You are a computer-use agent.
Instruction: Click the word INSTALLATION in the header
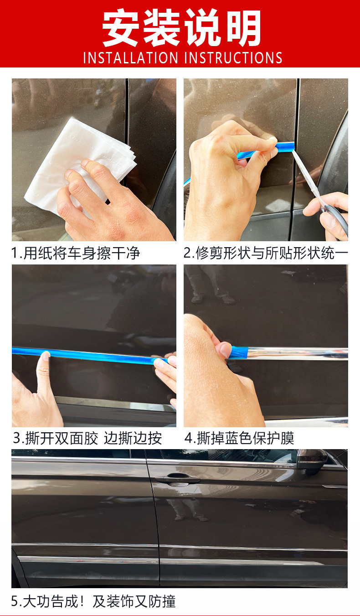pyautogui.click(x=130, y=58)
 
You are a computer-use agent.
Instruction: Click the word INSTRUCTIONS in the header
pyautogui.click(x=233, y=58)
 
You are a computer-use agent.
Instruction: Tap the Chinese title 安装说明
pyautogui.click(x=182, y=27)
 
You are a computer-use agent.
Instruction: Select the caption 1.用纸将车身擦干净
pyautogui.click(x=76, y=253)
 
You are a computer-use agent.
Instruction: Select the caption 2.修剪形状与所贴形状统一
pyautogui.click(x=266, y=253)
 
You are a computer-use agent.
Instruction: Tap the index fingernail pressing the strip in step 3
pyautogui.click(x=46, y=356)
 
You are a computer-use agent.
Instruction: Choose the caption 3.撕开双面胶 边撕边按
pyautogui.click(x=87, y=438)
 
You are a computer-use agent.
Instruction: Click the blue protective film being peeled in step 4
pyautogui.click(x=239, y=352)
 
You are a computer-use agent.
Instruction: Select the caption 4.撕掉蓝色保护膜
pyautogui.click(x=239, y=438)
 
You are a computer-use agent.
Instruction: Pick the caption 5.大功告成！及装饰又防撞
pyautogui.click(x=93, y=601)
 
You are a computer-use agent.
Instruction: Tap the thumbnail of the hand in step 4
pyautogui.click(x=226, y=350)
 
